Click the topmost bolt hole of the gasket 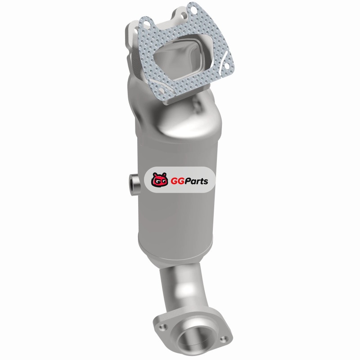(194, 9)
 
